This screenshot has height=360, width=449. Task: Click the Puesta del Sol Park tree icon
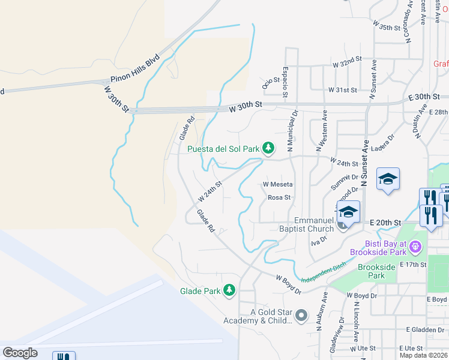(x=268, y=148)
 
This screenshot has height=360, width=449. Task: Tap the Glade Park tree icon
(x=229, y=290)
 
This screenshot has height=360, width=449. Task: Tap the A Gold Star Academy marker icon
(x=301, y=315)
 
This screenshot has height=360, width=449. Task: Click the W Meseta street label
(x=277, y=184)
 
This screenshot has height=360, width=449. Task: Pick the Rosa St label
(x=279, y=197)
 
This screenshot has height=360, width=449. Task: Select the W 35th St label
(x=386, y=27)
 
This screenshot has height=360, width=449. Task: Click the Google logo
(x=20, y=353)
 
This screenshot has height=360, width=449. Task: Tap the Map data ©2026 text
(x=424, y=355)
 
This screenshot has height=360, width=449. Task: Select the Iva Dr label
(x=318, y=240)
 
